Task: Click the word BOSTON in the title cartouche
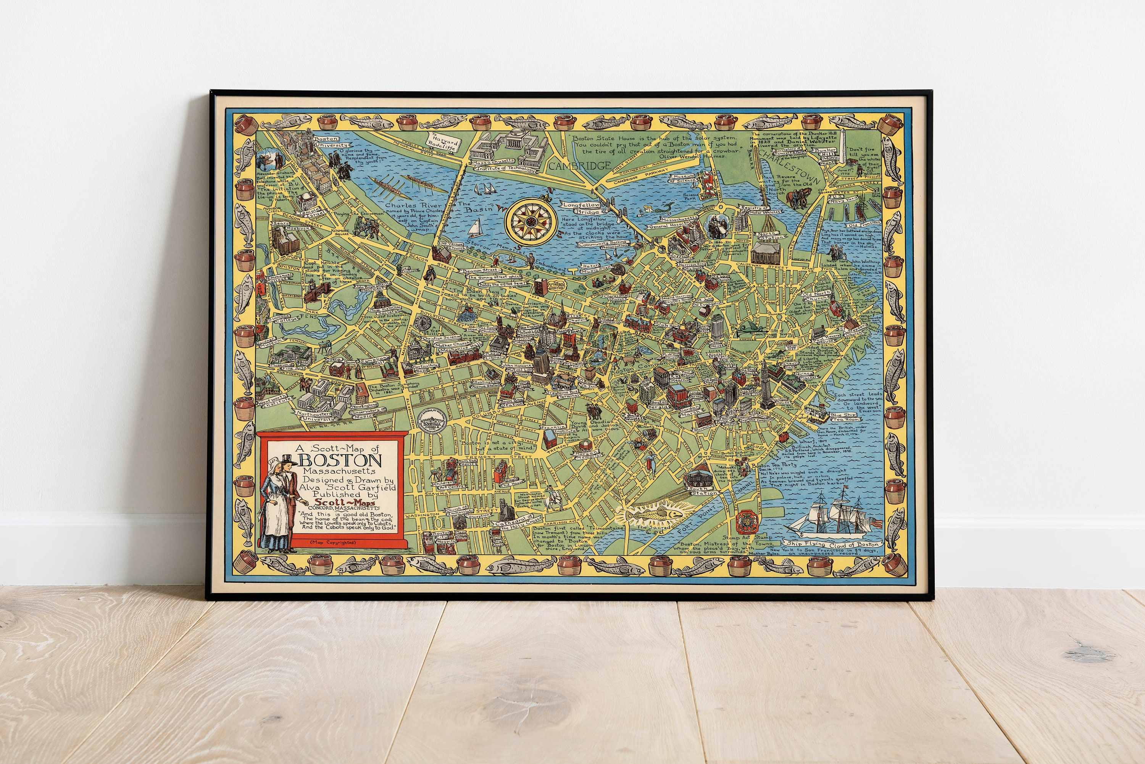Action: click(340, 461)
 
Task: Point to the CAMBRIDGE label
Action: click(580, 166)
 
